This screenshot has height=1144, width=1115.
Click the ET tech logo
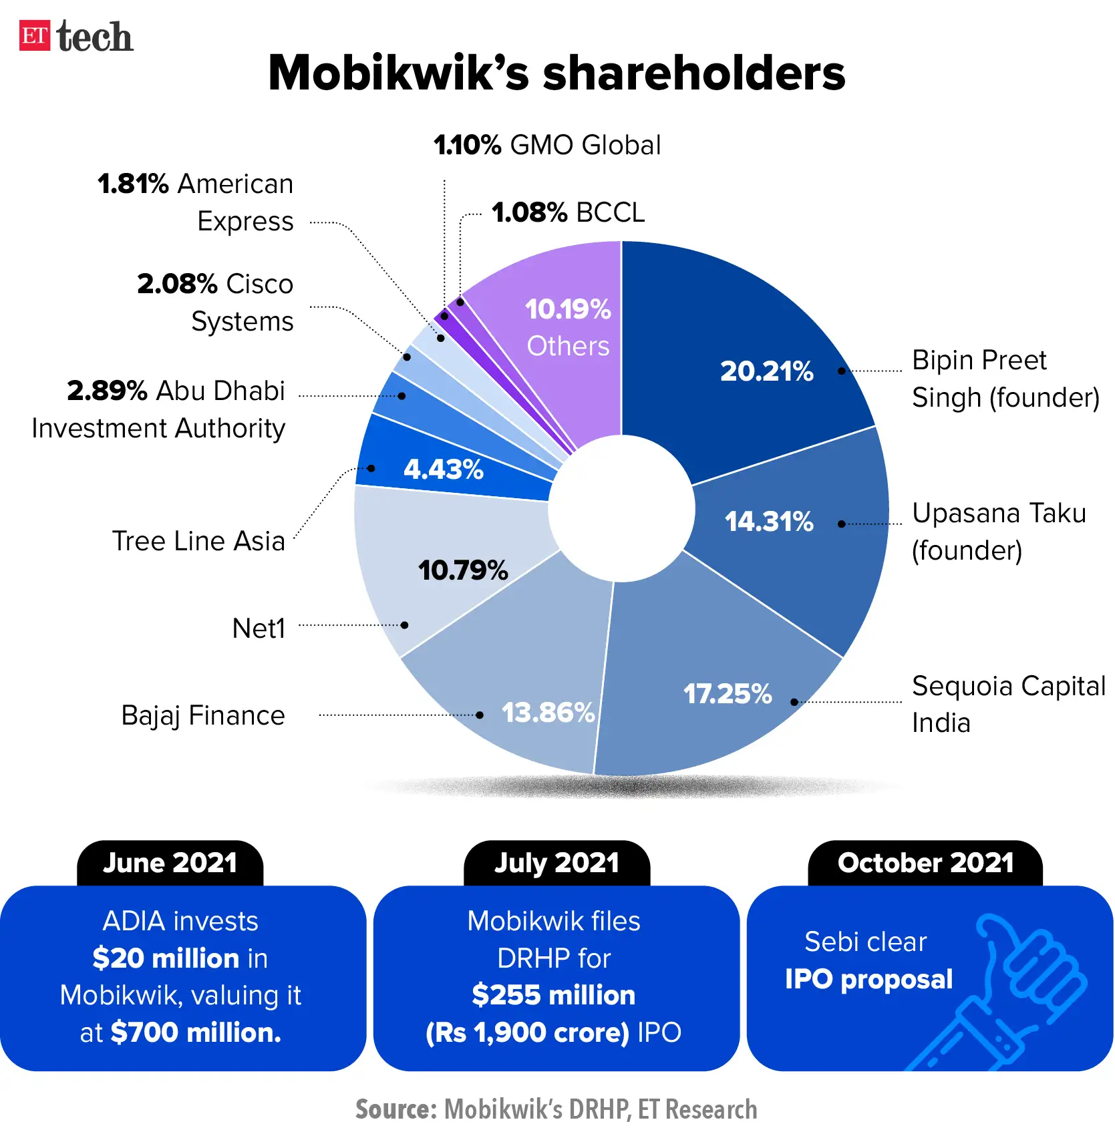click(x=75, y=36)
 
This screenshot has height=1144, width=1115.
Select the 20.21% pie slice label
click(x=766, y=371)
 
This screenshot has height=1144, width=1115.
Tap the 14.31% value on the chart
click(x=769, y=522)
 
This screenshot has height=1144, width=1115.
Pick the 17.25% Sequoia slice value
click(x=727, y=694)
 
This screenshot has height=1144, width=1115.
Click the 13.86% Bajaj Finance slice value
click(x=548, y=713)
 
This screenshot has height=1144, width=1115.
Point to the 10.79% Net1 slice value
click(x=463, y=570)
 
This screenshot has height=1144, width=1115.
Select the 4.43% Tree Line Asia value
click(x=443, y=469)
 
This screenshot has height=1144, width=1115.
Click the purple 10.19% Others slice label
click(x=568, y=327)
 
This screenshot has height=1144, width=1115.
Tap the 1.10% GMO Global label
click(x=547, y=146)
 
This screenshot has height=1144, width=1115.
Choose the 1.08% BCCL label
click(x=568, y=213)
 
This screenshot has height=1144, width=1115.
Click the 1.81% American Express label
click(x=195, y=202)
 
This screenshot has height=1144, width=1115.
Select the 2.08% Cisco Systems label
click(x=215, y=303)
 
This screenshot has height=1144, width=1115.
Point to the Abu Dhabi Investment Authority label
click(x=159, y=409)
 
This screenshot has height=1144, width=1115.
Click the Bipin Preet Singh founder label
click(x=1005, y=379)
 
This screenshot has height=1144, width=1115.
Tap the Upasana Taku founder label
click(x=998, y=532)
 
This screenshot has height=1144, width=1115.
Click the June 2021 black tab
click(x=170, y=864)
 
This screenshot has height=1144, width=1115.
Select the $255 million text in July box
click(x=553, y=995)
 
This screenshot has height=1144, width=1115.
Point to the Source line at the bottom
click(x=556, y=1109)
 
